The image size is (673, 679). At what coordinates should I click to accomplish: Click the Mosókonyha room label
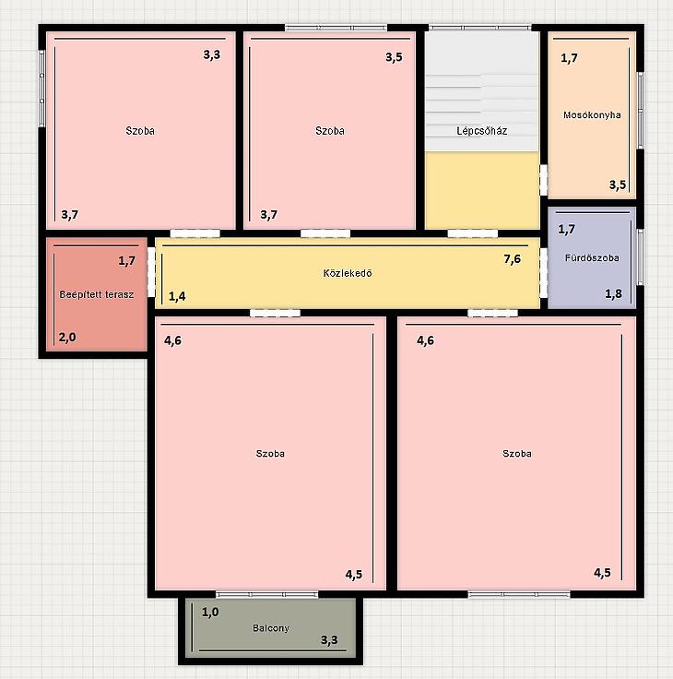(x=592, y=114)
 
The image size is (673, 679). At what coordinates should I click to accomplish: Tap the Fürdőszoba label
(x=592, y=257)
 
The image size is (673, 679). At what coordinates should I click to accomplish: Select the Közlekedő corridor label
(x=348, y=273)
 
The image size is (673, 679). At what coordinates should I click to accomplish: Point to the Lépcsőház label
(x=482, y=131)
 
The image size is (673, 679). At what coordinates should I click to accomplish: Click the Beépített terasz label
(x=97, y=294)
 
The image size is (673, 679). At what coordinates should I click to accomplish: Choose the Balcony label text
(x=271, y=628)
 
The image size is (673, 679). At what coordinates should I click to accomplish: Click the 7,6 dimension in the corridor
(x=512, y=259)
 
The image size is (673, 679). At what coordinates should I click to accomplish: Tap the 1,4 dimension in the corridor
(x=177, y=296)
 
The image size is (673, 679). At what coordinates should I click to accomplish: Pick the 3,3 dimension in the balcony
(x=329, y=640)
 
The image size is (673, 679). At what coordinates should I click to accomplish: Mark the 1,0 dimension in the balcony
(x=210, y=612)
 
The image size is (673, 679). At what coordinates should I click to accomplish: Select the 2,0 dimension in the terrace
(x=67, y=337)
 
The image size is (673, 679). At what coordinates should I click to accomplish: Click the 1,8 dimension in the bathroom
(x=613, y=294)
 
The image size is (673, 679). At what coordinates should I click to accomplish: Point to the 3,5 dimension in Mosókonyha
(x=618, y=185)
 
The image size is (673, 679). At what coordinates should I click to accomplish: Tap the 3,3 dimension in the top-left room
(x=212, y=54)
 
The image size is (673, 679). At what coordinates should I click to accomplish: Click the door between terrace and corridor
(x=151, y=272)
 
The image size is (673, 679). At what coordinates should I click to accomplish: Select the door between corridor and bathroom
(x=544, y=273)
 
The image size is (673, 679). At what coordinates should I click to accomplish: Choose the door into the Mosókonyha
(x=544, y=180)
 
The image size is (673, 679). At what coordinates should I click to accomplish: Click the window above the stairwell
(x=480, y=28)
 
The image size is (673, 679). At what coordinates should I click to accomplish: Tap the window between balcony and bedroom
(x=267, y=594)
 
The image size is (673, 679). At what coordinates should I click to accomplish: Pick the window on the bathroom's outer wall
(x=640, y=257)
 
